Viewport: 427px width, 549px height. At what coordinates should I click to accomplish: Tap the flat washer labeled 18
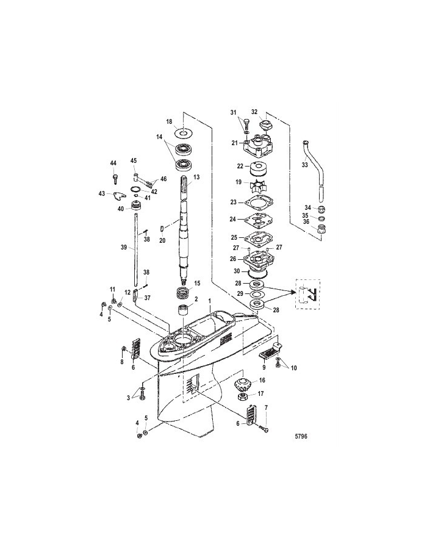[x=185, y=134]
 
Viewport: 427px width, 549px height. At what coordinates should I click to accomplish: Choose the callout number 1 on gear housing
[x=210, y=301]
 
